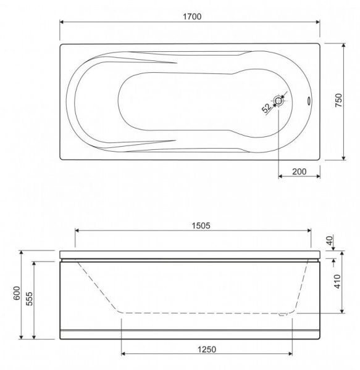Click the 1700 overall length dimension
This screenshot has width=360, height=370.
point(192,17)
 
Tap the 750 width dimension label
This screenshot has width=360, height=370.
point(338,101)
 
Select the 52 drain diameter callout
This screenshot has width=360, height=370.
point(267,108)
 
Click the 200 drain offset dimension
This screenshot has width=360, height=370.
point(299,171)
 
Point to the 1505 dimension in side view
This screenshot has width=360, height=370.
point(201,226)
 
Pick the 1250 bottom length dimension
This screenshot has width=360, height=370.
point(207,349)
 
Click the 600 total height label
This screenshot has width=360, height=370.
point(17,293)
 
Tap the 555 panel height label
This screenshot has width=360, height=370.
point(29,298)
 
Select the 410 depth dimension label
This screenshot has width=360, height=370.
point(338,281)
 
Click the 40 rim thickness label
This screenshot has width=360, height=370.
point(330,240)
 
